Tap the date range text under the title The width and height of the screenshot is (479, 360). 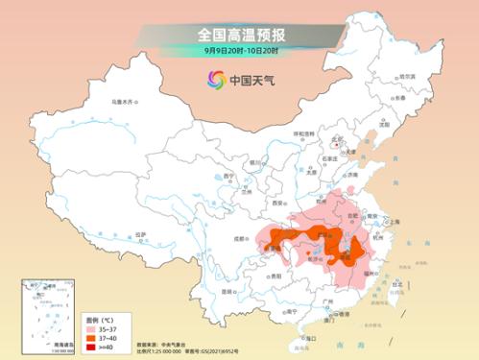point(240,49)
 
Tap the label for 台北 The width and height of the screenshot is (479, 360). point(396,285)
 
